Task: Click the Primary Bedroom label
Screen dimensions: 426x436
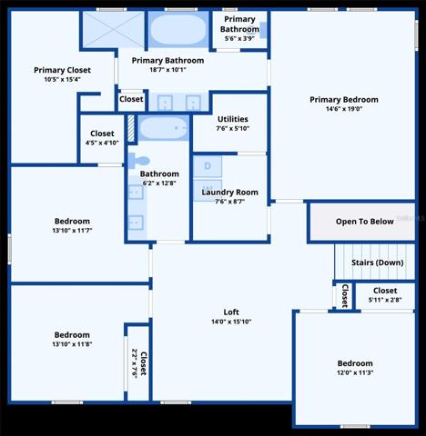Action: [x=344, y=100]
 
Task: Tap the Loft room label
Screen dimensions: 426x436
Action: [x=231, y=312]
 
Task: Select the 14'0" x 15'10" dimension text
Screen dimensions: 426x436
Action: [x=231, y=322]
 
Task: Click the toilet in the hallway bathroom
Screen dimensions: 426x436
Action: [x=138, y=161]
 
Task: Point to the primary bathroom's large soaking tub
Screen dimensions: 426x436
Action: [x=178, y=29]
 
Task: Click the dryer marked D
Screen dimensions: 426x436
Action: [x=208, y=166]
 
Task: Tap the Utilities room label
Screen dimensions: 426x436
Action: [x=233, y=119]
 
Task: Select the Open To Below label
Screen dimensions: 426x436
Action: [x=365, y=222]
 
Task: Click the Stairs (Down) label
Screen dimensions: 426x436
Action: [x=378, y=263]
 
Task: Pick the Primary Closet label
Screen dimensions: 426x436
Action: [x=62, y=70]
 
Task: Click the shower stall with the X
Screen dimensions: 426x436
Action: [x=113, y=29]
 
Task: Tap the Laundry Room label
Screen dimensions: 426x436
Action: [x=229, y=193]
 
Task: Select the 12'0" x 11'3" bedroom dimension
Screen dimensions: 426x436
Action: [x=355, y=372]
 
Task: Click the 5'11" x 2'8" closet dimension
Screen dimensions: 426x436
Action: [x=385, y=300]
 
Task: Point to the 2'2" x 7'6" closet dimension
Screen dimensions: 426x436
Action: [x=135, y=363]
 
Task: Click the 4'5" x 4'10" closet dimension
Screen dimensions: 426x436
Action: [x=102, y=143]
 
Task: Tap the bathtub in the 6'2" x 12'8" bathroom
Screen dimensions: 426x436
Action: [x=164, y=128]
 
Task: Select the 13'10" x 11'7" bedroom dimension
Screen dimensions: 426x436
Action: [x=72, y=231]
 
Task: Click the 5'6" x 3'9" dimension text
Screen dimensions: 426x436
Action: [x=239, y=38]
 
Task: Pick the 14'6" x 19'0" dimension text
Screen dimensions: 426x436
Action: [x=344, y=109]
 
